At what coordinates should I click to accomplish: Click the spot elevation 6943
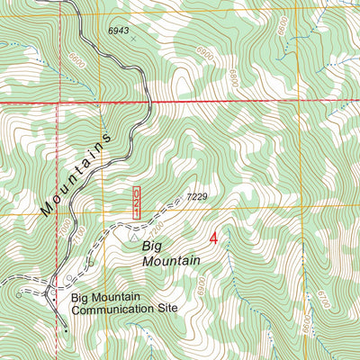119,31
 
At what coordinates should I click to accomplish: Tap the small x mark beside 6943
133,40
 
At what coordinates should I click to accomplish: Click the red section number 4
214,238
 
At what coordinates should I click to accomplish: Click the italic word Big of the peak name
153,243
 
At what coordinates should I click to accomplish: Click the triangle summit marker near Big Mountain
136,240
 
